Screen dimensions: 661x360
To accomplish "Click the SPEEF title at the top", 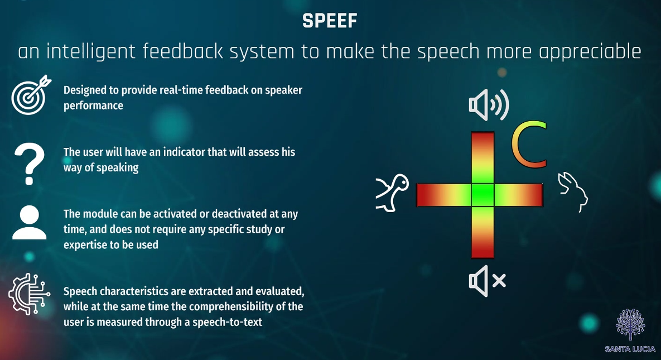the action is [x=330, y=21].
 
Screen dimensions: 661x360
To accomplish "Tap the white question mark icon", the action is [x=29, y=164].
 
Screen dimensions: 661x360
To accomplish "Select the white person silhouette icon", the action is [x=29, y=223].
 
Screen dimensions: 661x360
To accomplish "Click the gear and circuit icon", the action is [x=29, y=294].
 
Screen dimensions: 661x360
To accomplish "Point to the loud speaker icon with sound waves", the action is [x=489, y=105].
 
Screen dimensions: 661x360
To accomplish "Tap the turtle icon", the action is [x=392, y=193].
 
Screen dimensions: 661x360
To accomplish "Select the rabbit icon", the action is [x=573, y=191].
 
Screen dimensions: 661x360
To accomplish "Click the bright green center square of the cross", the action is [x=483, y=195].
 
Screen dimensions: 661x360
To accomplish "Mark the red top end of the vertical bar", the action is [x=483, y=140].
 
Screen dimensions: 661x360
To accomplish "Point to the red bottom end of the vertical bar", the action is [x=483, y=250].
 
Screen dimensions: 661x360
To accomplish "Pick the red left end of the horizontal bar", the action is [x=425, y=195].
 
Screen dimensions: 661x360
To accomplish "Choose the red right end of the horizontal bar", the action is [x=534, y=195].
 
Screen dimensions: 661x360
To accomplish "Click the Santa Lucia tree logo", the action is [x=630, y=324].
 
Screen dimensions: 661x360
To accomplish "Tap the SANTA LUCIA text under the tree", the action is [x=630, y=349].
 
